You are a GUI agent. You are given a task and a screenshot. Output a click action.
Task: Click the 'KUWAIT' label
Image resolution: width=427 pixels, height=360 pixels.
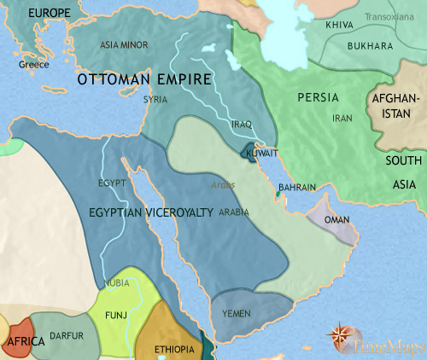click(261, 154)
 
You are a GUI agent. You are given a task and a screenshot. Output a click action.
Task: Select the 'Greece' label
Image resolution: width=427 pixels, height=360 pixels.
click(33, 65)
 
